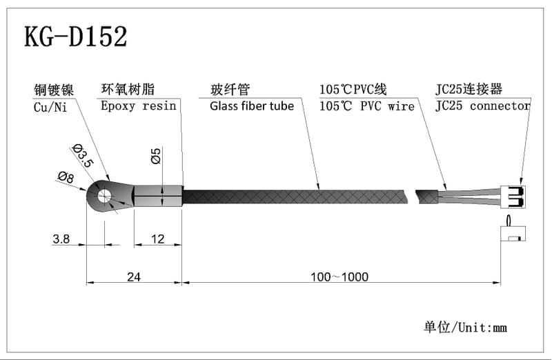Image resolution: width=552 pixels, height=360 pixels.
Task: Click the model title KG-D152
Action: coord(76,37)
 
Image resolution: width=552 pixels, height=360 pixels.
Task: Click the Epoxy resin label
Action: coord(138,106)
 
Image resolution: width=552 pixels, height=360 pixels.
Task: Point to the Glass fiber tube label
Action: coord(252,106)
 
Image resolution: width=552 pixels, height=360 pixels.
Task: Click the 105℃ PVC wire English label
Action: coord(366,106)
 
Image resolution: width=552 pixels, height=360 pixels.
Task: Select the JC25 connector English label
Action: coord(483,106)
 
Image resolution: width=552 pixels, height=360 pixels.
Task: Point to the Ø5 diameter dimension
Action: coord(155,156)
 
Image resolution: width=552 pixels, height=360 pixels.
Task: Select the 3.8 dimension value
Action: coord(61,239)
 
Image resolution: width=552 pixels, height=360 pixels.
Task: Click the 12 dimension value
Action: coord(158,239)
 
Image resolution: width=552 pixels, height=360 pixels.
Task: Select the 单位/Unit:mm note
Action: coord(465,327)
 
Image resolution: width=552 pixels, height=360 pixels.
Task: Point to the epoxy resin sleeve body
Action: coord(158,196)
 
